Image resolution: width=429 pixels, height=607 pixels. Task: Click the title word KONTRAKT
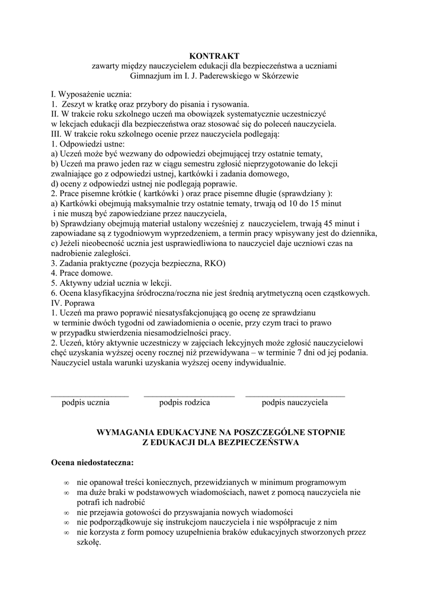[214, 56]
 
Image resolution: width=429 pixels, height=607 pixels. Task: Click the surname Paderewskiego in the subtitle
[224, 76]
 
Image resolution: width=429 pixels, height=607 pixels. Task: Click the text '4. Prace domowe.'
[82, 273]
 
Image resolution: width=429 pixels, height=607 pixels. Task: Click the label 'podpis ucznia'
[85, 402]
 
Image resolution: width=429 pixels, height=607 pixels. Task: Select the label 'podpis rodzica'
[185, 402]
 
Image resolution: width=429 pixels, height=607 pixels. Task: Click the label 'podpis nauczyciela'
[294, 402]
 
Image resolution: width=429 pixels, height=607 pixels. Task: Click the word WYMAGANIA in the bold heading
[127, 433]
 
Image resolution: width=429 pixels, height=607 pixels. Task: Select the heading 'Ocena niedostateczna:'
[92, 462]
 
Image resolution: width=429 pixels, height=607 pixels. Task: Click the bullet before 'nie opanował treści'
[66, 483]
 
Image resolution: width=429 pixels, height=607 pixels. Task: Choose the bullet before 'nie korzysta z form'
[66, 533]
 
